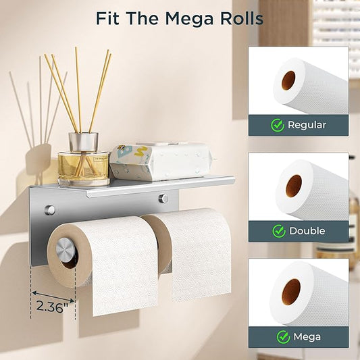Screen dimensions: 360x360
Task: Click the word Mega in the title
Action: click(x=189, y=19)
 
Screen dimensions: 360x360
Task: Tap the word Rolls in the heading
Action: click(x=242, y=18)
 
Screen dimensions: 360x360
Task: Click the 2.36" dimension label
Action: click(x=53, y=307)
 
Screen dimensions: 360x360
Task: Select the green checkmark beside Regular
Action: click(x=278, y=125)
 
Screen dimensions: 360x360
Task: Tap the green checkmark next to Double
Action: click(x=279, y=231)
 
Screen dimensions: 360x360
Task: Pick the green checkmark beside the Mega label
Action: click(x=283, y=337)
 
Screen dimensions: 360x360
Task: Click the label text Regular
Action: click(x=307, y=126)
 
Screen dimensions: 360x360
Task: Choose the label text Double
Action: click(x=307, y=231)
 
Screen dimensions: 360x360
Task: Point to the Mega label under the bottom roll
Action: click(x=307, y=337)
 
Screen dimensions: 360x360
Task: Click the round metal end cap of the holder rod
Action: click(x=66, y=249)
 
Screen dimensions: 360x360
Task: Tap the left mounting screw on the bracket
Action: click(x=49, y=210)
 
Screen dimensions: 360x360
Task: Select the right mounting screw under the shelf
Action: click(x=163, y=199)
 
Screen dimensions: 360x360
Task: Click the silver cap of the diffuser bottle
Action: click(x=84, y=141)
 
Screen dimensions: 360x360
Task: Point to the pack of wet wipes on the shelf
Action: click(x=160, y=161)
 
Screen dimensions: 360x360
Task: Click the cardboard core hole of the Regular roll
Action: click(x=288, y=80)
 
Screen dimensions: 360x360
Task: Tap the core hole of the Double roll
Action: click(x=294, y=186)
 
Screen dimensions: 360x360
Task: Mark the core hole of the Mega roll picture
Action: click(x=291, y=292)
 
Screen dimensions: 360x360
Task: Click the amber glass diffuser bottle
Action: click(x=84, y=168)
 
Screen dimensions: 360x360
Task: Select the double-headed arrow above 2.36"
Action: click(x=53, y=297)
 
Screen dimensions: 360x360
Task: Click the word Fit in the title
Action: click(x=107, y=18)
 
